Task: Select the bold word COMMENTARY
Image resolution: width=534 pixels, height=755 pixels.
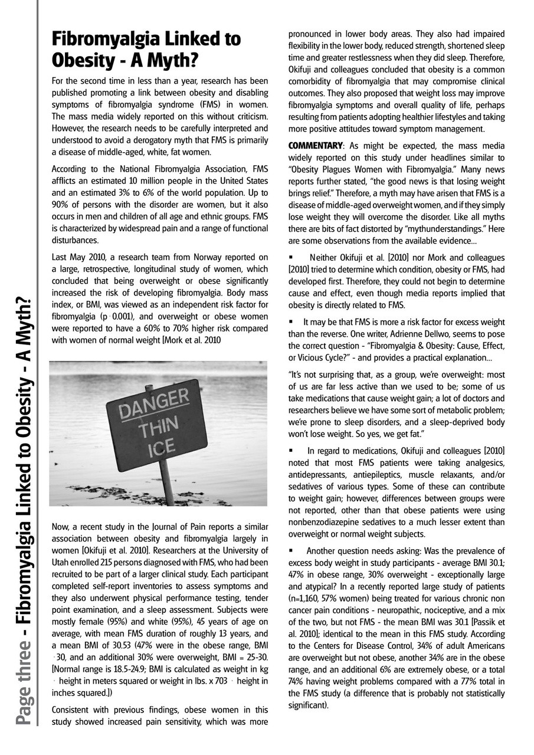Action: point(312,146)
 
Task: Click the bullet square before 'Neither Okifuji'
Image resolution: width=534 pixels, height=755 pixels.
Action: point(291,258)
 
